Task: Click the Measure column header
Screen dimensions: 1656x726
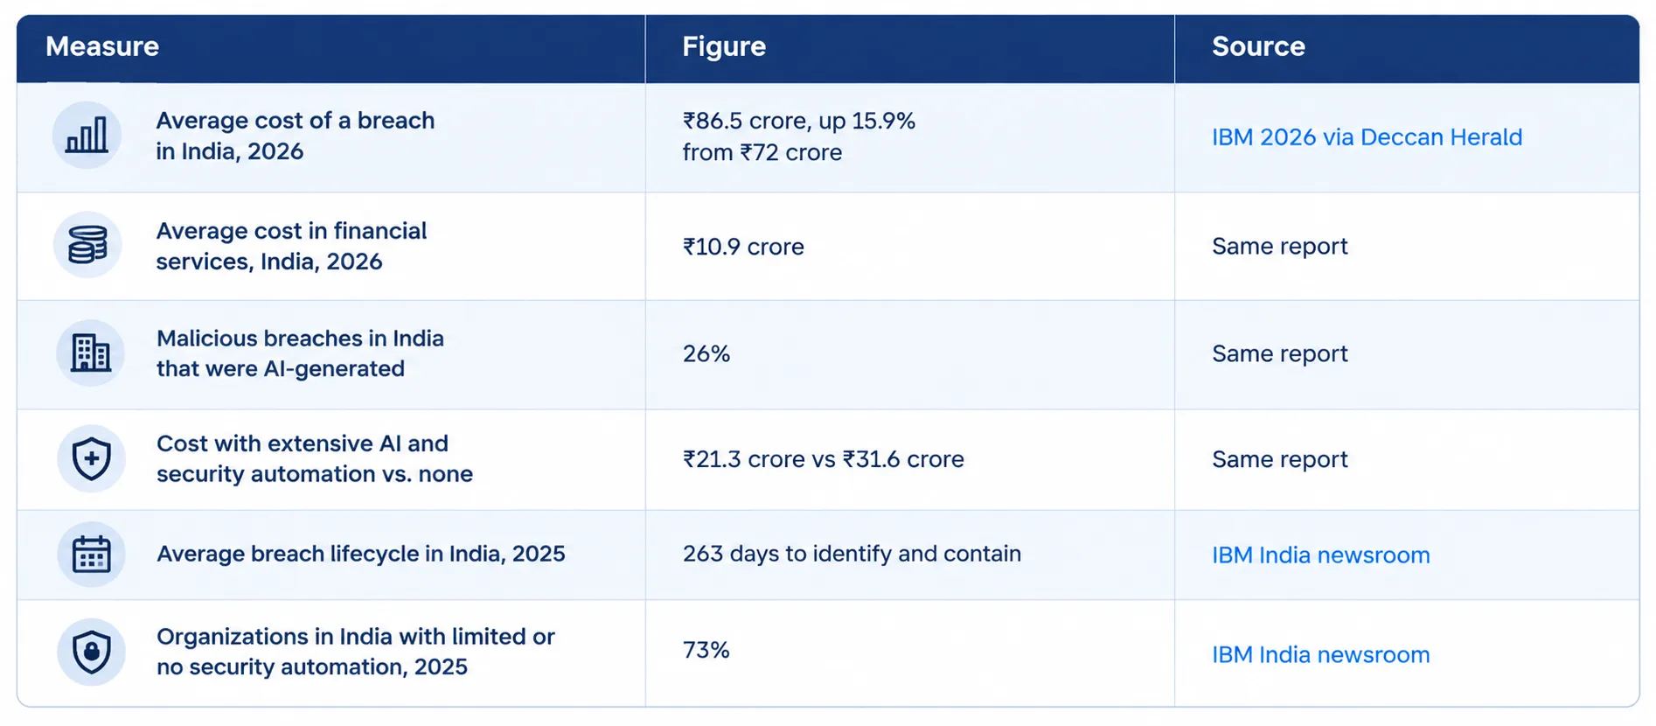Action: coord(102,46)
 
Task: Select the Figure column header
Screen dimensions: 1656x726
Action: coord(724,46)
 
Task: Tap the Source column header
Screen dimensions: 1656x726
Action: coord(1258,46)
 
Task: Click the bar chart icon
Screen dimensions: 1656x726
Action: coord(87,136)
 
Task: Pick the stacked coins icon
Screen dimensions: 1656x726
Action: coord(87,245)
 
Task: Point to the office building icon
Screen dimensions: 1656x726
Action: coord(91,353)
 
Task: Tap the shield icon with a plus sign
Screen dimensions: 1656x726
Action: coord(91,459)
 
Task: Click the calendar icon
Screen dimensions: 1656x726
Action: coord(91,555)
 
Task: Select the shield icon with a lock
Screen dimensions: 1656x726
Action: coord(91,653)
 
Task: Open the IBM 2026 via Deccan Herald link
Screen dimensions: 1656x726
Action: coord(1367,137)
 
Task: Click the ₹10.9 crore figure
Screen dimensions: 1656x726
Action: coord(743,247)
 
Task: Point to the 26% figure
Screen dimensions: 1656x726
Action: coord(706,353)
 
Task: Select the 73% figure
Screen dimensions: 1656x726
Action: coord(706,650)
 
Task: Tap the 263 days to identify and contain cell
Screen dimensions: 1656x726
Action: coord(852,554)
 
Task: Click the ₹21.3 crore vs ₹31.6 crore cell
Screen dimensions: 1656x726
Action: coord(824,459)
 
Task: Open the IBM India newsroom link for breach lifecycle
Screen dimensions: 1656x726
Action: coord(1320,555)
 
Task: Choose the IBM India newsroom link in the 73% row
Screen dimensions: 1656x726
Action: coord(1320,655)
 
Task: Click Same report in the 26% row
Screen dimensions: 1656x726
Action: coord(1280,353)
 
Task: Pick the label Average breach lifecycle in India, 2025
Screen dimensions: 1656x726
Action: coord(360,554)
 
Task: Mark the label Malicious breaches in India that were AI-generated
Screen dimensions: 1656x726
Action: coord(300,353)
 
